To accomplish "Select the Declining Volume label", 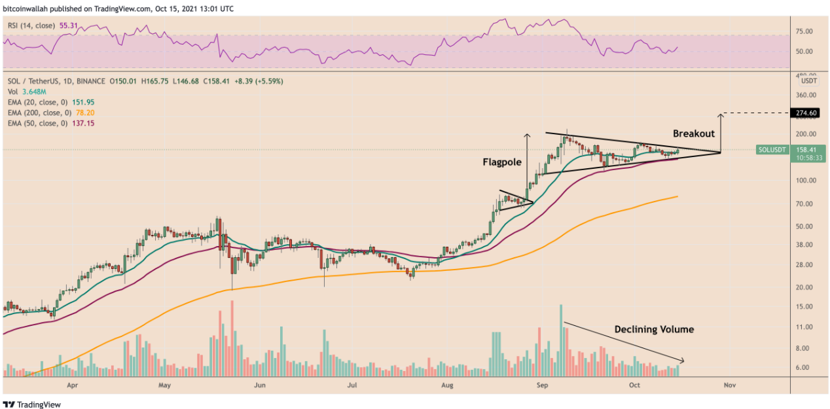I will coord(653,329).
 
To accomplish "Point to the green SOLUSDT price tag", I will coord(772,149).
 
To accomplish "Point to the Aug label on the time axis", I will coord(448,385).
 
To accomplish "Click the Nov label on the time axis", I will coord(730,385).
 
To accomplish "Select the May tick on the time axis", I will coord(164,385).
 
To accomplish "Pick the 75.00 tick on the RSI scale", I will coord(804,31).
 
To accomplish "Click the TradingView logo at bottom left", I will coord(32,404).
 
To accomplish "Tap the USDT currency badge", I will coord(809,81).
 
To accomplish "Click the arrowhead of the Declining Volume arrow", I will coord(683,361).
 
